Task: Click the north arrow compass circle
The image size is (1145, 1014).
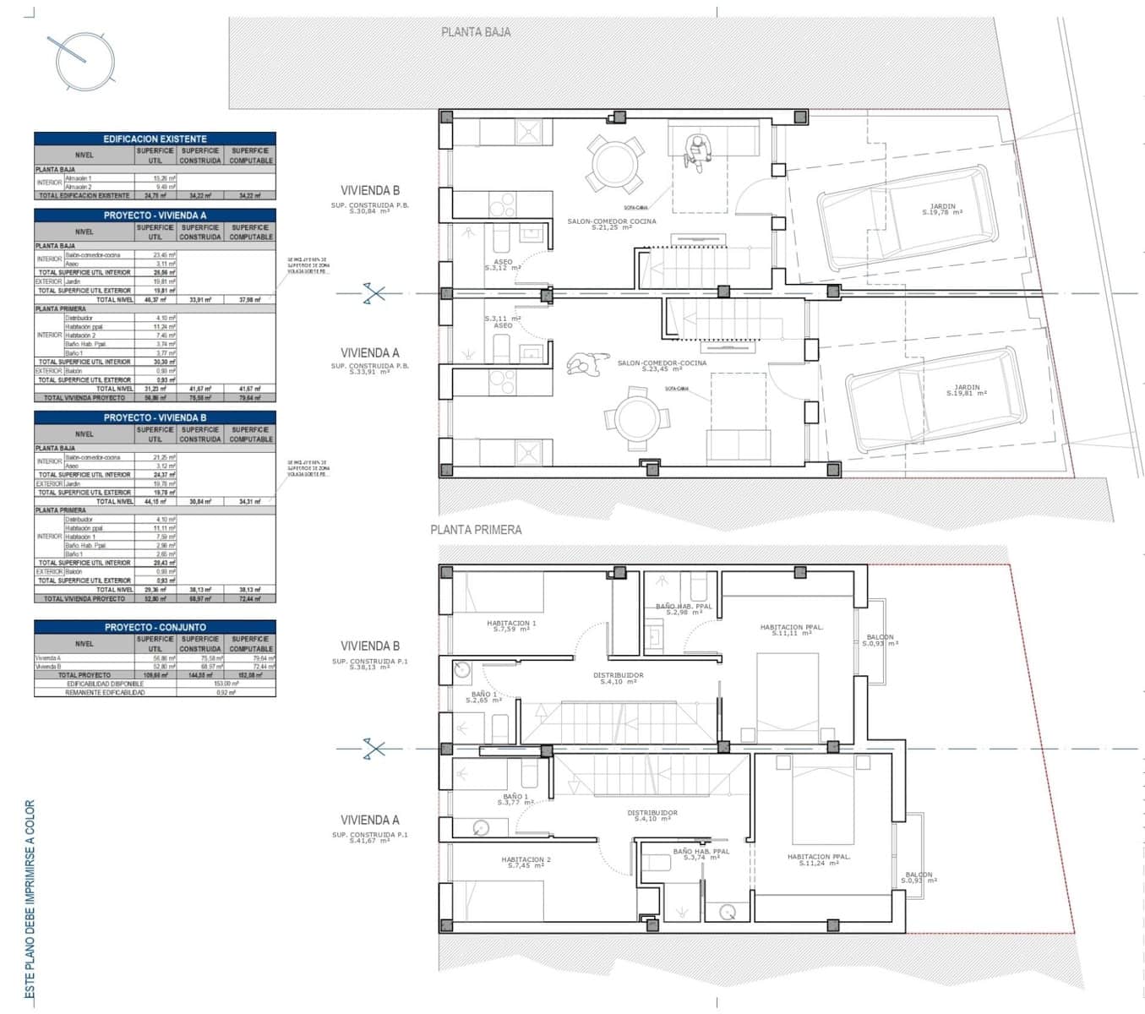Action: pos(85,61)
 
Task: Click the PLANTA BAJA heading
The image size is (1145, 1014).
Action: pos(476,32)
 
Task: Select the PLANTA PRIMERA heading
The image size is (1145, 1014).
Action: pos(476,530)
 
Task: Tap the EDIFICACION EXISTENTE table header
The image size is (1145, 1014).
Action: pos(155,139)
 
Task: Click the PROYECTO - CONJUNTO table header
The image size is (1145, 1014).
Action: pos(155,627)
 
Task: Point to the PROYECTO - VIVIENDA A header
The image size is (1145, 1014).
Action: pos(155,215)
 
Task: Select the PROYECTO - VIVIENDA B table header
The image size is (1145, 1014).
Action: pos(155,417)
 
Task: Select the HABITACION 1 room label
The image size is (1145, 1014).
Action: pos(511,626)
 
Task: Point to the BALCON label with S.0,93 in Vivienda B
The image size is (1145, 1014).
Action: pos(881,640)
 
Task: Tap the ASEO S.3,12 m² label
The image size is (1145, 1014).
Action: pos(503,264)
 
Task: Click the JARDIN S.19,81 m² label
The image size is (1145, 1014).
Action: pos(966,390)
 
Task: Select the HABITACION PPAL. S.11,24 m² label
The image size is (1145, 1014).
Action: pos(819,859)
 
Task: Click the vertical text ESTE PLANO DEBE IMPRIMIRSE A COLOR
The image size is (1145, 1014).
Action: pos(30,901)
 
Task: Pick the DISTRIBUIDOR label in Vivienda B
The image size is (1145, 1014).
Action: pos(618,678)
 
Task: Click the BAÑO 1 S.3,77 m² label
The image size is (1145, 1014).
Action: pos(515,799)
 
